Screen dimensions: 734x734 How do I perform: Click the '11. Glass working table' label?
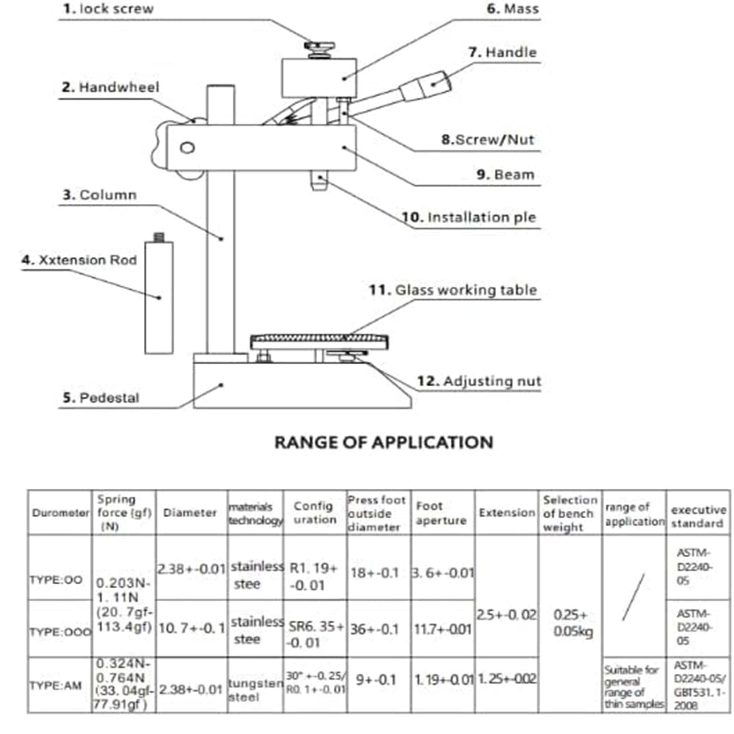[x=453, y=290]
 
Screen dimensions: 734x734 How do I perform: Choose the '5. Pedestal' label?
[x=101, y=399]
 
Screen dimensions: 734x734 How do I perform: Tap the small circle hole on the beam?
[x=186, y=149]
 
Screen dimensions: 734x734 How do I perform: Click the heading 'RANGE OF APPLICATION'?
[x=383, y=442]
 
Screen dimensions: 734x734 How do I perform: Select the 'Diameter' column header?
[x=190, y=513]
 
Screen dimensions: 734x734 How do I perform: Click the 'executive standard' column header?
[x=698, y=516]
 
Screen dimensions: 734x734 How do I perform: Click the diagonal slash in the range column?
[x=633, y=596]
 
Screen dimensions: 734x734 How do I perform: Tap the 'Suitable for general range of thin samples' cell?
[x=634, y=686]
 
